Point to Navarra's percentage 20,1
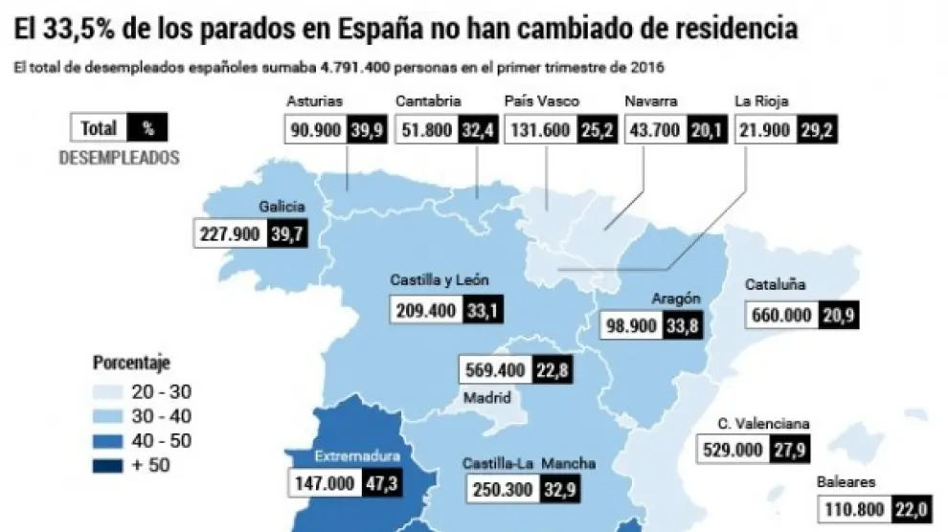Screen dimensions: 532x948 click(x=706, y=129)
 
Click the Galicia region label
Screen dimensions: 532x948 click(x=282, y=206)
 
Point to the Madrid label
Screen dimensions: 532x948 click(x=486, y=398)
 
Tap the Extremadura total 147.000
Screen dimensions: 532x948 click(x=323, y=484)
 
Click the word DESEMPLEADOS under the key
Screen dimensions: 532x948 click(x=119, y=159)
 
